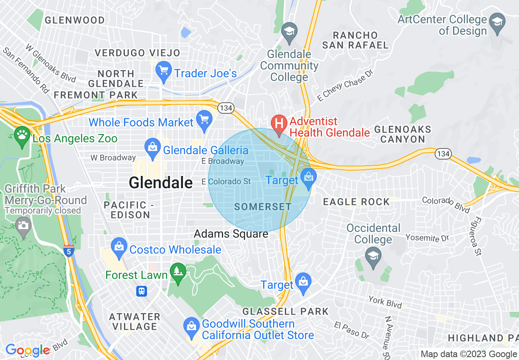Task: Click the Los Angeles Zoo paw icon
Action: (21, 134)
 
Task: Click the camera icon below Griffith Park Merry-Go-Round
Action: (23, 225)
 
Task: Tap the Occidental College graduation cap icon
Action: (373, 257)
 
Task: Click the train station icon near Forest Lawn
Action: (142, 291)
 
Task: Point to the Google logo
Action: (27, 350)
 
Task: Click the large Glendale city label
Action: (160, 182)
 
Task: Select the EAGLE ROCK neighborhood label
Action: (356, 202)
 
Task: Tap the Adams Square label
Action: (231, 234)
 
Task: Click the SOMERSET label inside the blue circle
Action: (263, 207)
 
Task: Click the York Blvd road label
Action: (385, 301)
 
